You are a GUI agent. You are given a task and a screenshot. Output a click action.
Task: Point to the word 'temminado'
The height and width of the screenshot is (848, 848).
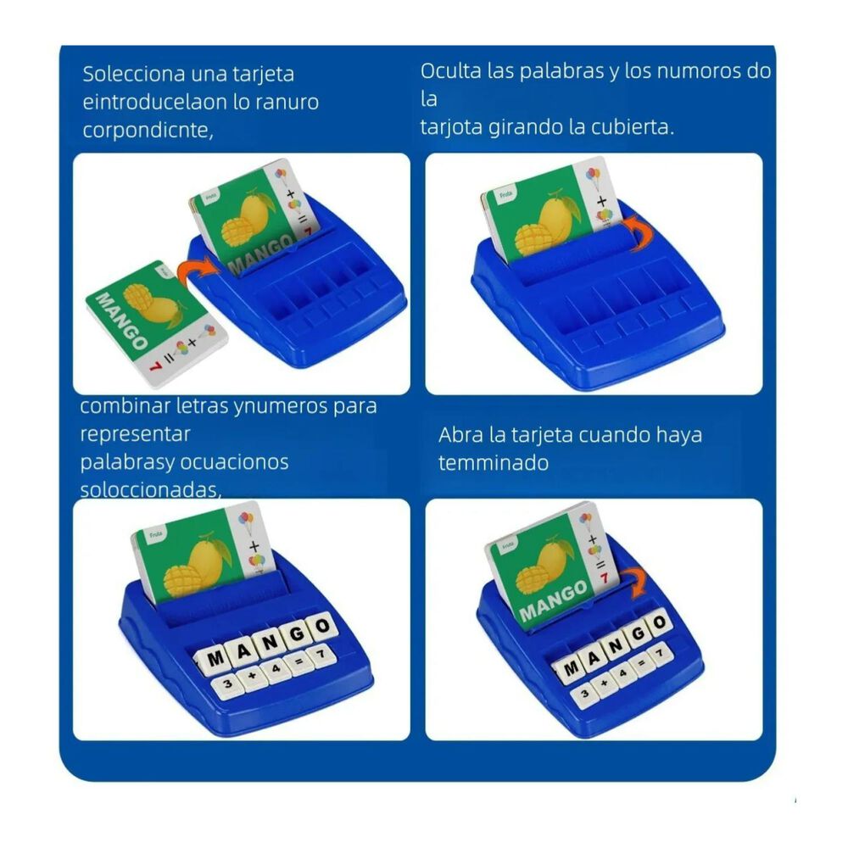coord(494,463)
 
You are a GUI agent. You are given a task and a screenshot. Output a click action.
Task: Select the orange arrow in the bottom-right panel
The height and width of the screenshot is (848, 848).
coord(638,582)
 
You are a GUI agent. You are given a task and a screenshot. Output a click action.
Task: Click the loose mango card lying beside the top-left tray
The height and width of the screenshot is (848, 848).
coord(157,322)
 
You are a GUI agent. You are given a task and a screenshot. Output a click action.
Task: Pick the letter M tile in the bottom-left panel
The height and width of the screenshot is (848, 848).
coord(215,659)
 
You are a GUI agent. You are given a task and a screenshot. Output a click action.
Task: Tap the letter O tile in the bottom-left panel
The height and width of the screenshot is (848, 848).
coord(322,627)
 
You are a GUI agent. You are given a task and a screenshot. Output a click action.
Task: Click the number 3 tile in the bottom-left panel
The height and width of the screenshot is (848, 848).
coord(227,684)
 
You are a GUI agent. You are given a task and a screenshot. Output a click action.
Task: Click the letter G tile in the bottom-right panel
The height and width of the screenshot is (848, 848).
coord(638,634)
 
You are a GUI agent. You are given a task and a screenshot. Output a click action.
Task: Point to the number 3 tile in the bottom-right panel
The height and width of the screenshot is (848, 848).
coord(584,694)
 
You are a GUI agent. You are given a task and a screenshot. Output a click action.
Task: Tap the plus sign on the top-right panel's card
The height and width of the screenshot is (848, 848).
coord(601,201)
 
